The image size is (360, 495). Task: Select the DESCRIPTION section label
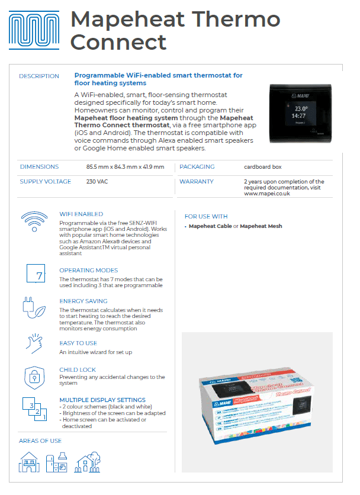coord(39,76)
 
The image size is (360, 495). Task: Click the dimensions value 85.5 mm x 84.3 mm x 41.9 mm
coord(125,167)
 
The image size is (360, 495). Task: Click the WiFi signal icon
coord(34,224)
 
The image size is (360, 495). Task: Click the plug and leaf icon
coord(35,308)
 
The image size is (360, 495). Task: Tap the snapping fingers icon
coord(35,343)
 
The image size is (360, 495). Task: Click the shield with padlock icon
coord(35,377)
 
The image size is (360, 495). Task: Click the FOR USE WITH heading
coord(206,216)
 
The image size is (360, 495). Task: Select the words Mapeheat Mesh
coord(261,226)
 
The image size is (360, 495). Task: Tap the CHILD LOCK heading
coord(78,369)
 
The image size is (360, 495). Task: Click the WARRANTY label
coord(197,182)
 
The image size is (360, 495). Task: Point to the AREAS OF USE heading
coord(40,441)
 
